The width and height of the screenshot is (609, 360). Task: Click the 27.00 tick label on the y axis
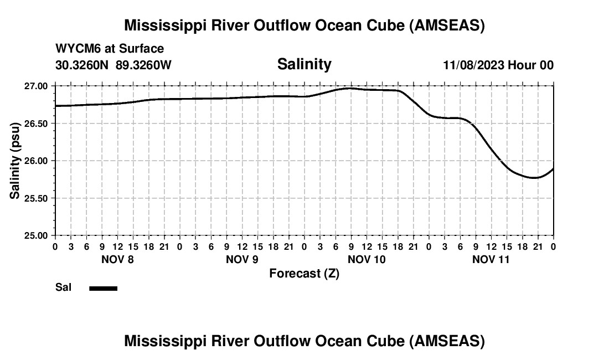tap(37, 86)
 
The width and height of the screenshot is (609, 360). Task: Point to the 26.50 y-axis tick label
tap(37, 124)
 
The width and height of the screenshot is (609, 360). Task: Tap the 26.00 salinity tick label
tap(37, 161)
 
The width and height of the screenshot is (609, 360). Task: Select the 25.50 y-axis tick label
tap(37, 198)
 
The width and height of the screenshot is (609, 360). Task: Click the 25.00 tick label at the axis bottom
tap(37, 235)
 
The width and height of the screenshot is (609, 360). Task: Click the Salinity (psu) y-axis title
tap(15, 161)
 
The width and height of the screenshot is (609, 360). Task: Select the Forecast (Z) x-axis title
tap(304, 274)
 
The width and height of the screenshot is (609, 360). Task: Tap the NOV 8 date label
tap(117, 259)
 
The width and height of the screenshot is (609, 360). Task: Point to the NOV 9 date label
tap(242, 259)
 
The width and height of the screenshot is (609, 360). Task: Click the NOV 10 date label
tap(367, 259)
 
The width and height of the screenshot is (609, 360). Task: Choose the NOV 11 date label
tap(491, 259)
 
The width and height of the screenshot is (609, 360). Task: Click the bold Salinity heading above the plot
tap(304, 64)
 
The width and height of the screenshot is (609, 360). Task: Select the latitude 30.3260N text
tap(83, 65)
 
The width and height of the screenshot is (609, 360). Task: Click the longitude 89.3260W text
tap(144, 65)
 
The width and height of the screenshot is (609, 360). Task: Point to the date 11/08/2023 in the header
tap(473, 65)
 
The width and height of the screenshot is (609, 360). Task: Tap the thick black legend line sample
tap(103, 288)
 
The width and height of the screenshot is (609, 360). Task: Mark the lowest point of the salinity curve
tap(535, 178)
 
